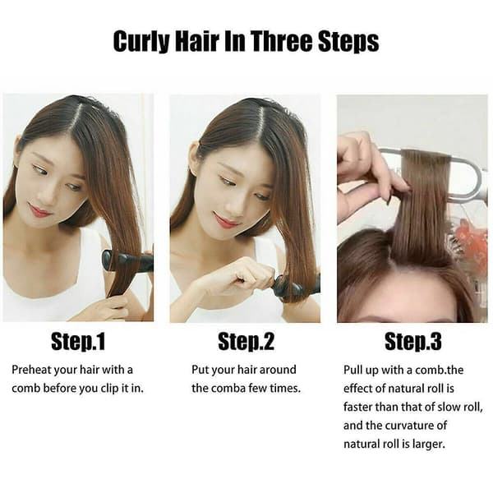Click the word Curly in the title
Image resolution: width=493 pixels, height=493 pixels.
pos(141,42)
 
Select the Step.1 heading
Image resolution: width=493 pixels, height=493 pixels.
pos(78,342)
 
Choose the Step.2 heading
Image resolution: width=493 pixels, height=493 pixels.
pos(246,342)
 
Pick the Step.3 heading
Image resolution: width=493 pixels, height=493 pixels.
pos(413,342)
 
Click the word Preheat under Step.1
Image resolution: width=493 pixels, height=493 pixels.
pos(31,370)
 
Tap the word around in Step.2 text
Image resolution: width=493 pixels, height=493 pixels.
pos(278,370)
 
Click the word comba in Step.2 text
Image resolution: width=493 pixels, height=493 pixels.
pos(228,389)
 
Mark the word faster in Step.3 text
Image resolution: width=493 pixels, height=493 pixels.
pos(357,407)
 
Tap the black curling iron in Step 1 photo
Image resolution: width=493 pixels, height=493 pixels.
pos(127,261)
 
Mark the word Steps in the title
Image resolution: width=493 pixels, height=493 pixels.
pos(348,42)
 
